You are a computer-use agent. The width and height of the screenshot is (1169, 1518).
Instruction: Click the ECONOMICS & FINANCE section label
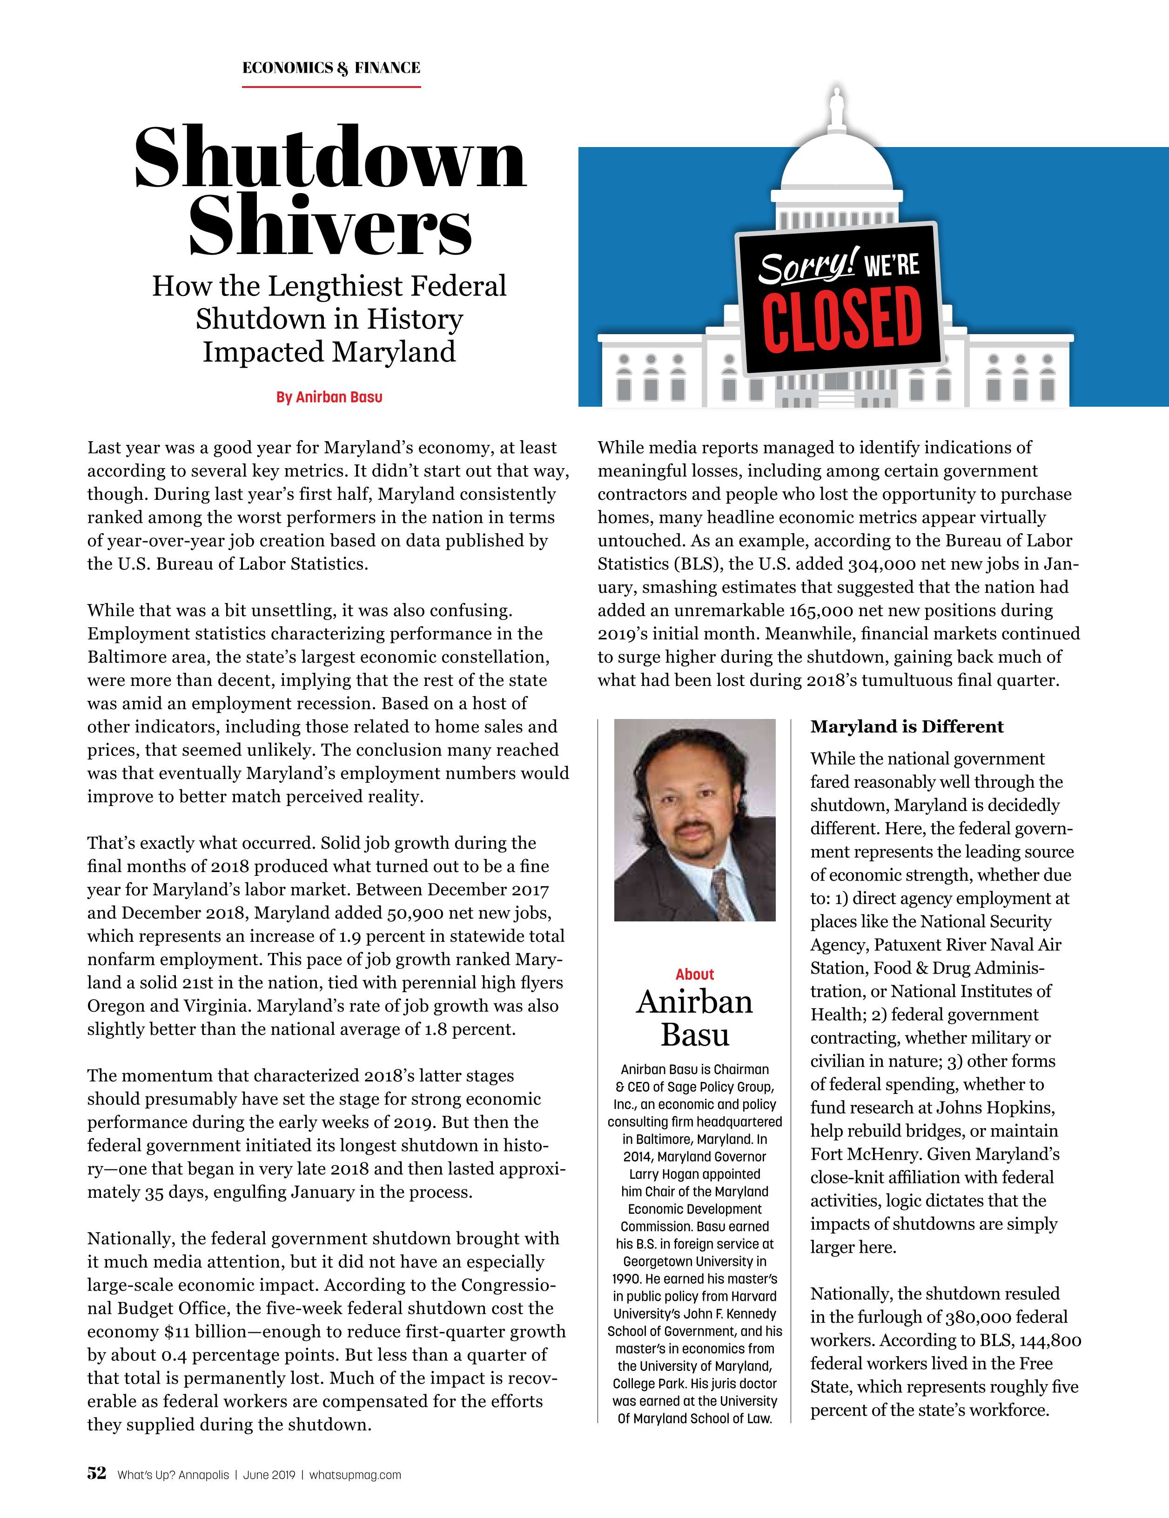pos(331,68)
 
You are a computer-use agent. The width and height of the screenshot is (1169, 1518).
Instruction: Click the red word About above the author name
pos(694,974)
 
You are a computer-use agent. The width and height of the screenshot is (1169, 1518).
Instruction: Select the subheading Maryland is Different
pos(906,727)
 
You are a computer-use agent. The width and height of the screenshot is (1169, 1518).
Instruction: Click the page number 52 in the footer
pos(97,1473)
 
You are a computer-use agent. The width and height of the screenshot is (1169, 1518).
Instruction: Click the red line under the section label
pos(331,87)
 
